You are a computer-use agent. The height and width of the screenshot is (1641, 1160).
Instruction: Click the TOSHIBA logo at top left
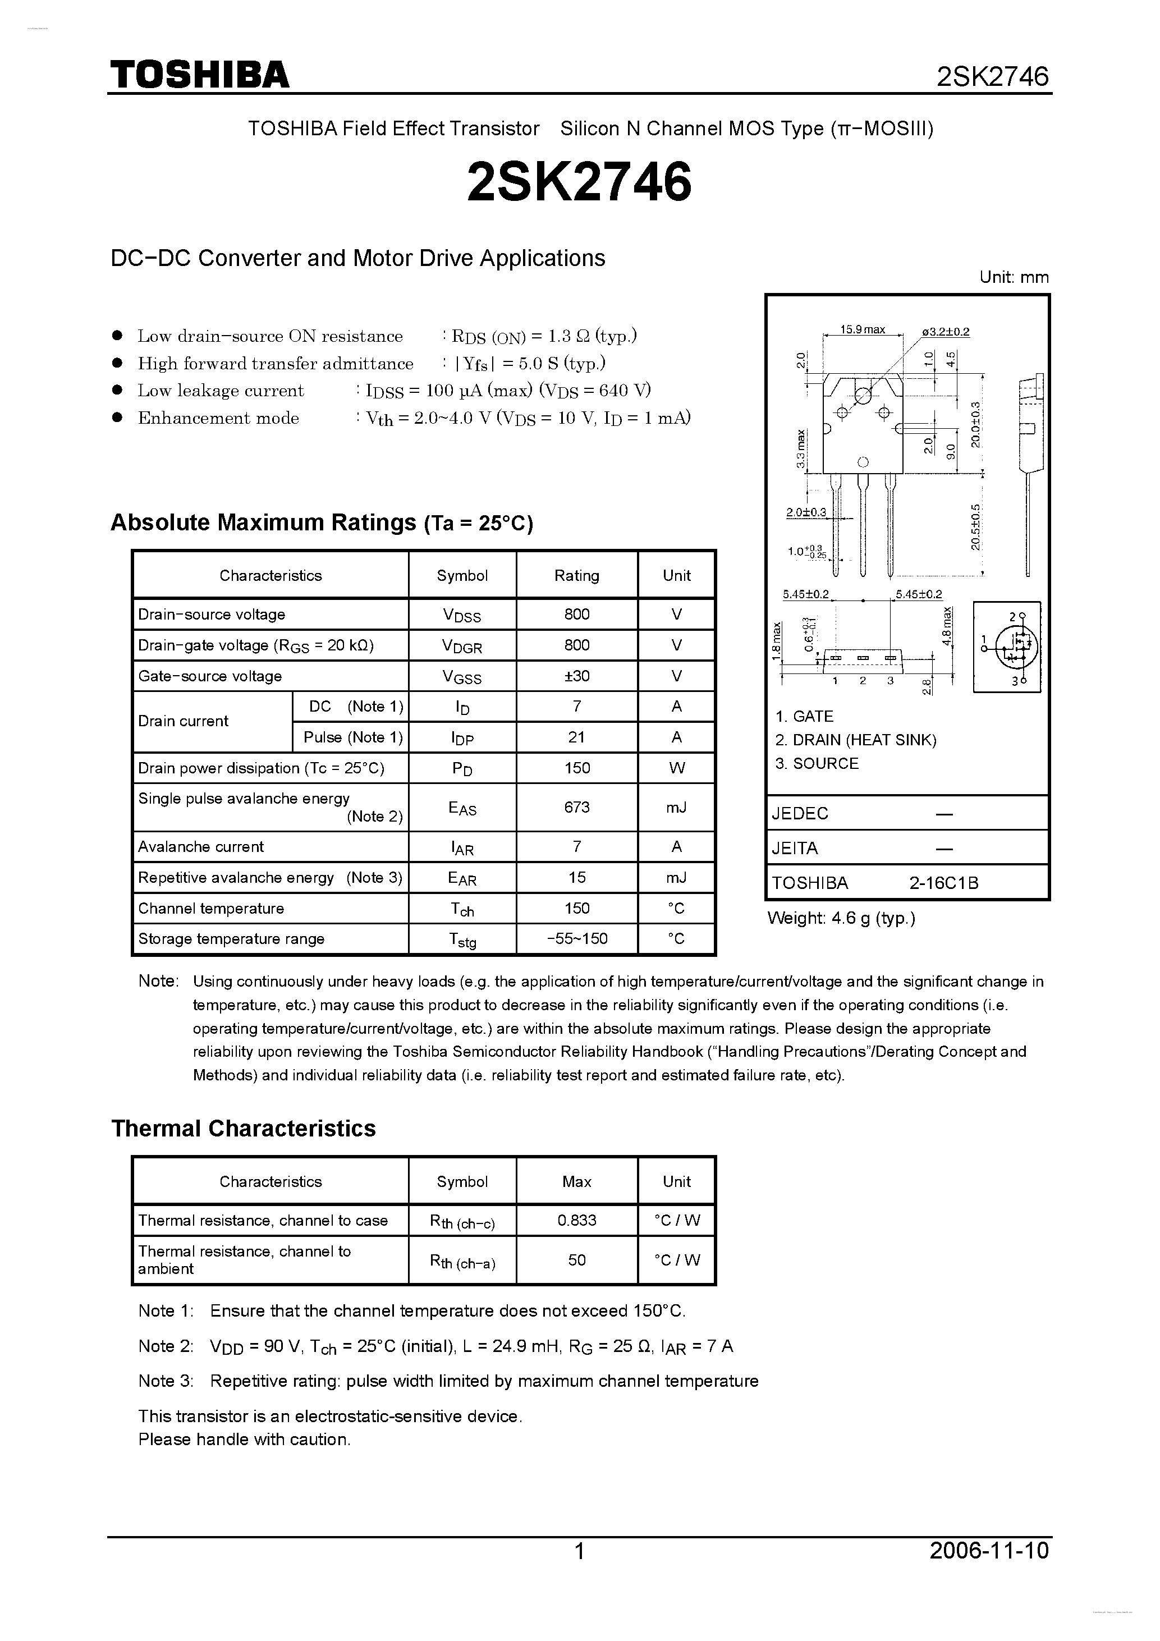click(199, 74)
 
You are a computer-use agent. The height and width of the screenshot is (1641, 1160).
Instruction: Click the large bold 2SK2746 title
click(579, 181)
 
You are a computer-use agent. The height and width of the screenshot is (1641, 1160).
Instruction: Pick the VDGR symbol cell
click(462, 645)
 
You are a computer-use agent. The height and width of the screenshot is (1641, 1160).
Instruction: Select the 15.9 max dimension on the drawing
click(862, 329)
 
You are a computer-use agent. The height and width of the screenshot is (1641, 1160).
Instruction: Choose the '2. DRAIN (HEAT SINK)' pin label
click(855, 740)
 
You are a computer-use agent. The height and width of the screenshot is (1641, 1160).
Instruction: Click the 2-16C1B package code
click(943, 883)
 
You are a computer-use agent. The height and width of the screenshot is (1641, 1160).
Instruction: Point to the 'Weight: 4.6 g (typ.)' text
click(841, 918)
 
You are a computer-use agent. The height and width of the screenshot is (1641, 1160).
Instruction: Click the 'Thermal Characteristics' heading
click(244, 1129)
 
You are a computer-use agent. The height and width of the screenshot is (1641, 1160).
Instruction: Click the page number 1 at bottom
click(580, 1551)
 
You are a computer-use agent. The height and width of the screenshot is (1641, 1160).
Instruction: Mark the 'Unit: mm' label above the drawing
click(1014, 277)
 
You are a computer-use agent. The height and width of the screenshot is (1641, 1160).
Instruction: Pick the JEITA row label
click(794, 849)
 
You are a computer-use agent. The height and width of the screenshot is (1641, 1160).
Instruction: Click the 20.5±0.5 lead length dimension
click(975, 527)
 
